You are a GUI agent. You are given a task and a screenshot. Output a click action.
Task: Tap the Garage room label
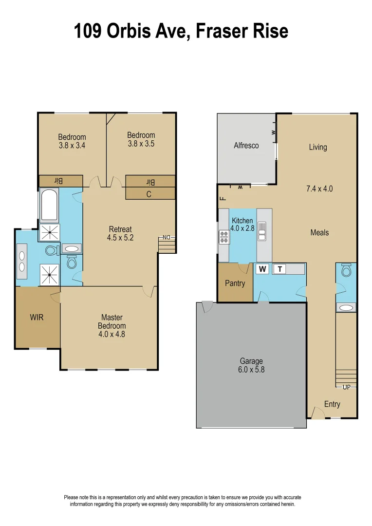[x=251, y=361]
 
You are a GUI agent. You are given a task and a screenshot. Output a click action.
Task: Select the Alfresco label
[x=246, y=146]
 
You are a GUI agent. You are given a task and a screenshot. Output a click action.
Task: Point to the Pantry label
[x=235, y=283]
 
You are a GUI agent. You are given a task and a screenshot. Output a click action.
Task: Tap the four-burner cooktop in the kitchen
[x=224, y=237]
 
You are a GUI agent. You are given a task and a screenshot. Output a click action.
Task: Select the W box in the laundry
[x=262, y=269]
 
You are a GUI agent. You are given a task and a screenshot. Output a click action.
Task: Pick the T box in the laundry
[x=279, y=269]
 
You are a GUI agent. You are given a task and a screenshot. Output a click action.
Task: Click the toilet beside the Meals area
[x=346, y=270]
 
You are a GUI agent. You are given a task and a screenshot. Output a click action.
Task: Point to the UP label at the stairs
[x=347, y=387]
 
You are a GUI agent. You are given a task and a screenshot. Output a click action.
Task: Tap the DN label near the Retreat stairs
[x=166, y=238]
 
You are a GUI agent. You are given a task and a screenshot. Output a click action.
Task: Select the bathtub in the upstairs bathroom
[x=49, y=206]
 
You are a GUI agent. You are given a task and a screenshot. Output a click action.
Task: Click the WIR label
[x=37, y=318]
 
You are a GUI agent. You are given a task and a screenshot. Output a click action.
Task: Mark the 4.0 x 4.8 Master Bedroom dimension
[x=112, y=334]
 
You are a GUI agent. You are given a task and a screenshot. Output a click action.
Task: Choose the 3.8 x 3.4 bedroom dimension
[x=72, y=145]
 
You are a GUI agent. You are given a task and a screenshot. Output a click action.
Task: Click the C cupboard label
[x=149, y=193]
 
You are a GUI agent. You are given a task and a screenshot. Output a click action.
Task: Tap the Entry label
[x=332, y=404]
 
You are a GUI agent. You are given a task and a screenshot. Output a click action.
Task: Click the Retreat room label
[x=120, y=229]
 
